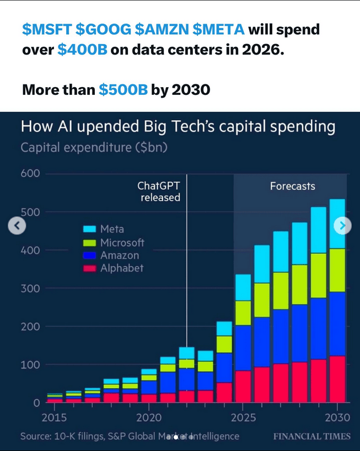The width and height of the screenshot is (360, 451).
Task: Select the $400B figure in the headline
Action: pos(82,50)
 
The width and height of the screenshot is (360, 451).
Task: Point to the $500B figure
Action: pos(123,89)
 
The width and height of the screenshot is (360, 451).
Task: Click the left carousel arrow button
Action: pos(17,225)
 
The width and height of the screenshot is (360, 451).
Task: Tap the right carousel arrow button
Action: pos(342,225)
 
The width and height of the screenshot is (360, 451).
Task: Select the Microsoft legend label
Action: pos(122,243)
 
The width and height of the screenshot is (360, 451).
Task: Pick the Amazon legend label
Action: pos(119,255)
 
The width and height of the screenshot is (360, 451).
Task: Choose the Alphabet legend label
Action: pos(121,269)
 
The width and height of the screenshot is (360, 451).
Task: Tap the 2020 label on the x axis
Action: pos(149,417)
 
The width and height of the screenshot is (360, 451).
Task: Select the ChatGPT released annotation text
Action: pos(160,191)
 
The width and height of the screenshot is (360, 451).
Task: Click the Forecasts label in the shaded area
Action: pos(292,186)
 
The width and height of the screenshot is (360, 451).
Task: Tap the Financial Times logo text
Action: pos(311,436)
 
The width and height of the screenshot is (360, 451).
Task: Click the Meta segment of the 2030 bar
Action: pos(337,224)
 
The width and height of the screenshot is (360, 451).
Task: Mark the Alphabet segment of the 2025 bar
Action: pos(243,386)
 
